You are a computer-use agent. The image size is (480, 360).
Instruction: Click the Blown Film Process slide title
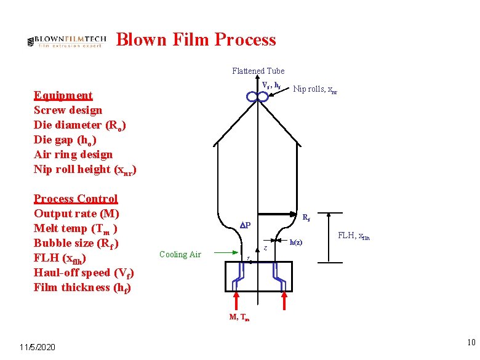point(196,40)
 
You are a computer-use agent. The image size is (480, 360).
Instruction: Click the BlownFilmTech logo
point(67,41)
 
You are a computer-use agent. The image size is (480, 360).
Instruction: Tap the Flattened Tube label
point(258,71)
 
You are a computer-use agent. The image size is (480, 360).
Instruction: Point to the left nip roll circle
point(252,97)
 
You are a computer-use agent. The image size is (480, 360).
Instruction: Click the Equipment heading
point(63,95)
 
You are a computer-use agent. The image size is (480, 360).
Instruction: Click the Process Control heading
point(76,199)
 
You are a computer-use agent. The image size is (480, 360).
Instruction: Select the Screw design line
point(68,110)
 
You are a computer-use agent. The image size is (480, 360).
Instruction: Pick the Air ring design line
point(73,154)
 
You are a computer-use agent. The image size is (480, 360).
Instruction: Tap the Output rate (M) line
point(76,214)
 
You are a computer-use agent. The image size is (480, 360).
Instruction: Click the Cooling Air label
point(180,254)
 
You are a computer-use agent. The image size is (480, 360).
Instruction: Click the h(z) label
point(296,242)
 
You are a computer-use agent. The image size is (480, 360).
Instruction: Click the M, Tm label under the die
point(239,318)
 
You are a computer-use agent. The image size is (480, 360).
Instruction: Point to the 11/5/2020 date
point(37,348)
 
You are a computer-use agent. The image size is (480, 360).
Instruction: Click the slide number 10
point(470,342)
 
